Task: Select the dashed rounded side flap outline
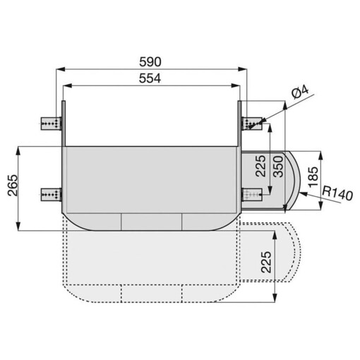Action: coord(286,251)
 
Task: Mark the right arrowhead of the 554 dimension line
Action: coord(238,85)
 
